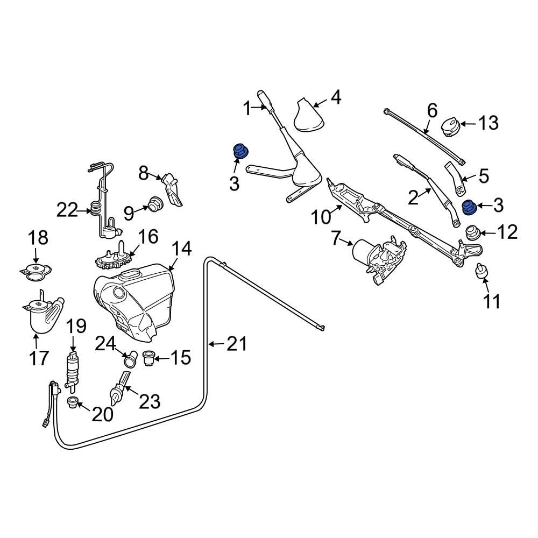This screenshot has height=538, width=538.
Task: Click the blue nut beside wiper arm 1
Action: [239, 152]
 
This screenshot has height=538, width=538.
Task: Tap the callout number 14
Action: [181, 249]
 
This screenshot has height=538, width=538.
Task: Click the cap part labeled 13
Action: [450, 127]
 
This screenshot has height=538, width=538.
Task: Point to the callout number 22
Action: [68, 210]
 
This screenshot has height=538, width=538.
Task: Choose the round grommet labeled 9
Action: [156, 204]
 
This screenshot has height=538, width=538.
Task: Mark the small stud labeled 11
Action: [480, 273]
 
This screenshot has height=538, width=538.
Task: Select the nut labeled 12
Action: [473, 232]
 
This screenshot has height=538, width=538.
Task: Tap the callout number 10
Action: [322, 218]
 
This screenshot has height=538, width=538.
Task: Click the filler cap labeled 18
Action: [36, 271]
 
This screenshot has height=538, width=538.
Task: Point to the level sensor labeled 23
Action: [119, 390]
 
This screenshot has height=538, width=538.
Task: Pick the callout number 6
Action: [432, 111]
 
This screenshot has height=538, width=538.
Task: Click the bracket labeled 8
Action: [173, 189]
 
